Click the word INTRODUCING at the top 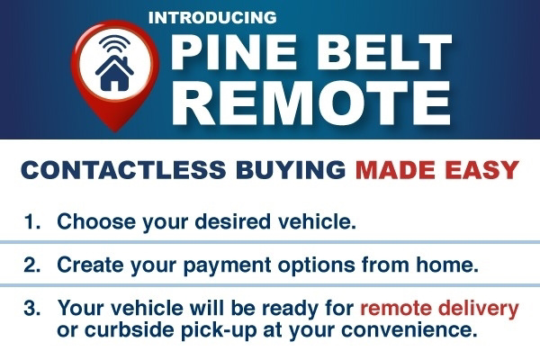click(212, 18)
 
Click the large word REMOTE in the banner click(311, 103)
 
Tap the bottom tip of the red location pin click(114, 131)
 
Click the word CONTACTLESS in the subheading click(123, 169)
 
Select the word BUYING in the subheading click(291, 169)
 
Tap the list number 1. click(32, 221)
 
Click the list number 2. click(32, 265)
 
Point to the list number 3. click(32, 308)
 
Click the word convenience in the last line click(409, 330)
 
